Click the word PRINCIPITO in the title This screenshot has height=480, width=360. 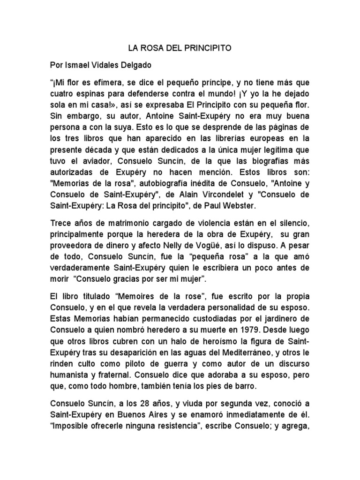[x=208, y=48]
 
